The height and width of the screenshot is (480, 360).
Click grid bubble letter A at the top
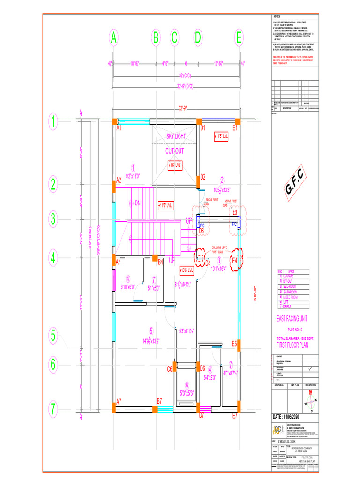click(x=113, y=39)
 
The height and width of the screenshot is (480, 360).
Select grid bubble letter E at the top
click(x=239, y=39)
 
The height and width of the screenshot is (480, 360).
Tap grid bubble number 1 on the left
click(x=54, y=123)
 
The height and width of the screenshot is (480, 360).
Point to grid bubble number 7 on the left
click(x=54, y=409)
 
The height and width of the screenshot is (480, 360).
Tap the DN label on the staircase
click(x=138, y=203)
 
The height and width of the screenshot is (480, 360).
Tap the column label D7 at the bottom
click(x=202, y=415)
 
